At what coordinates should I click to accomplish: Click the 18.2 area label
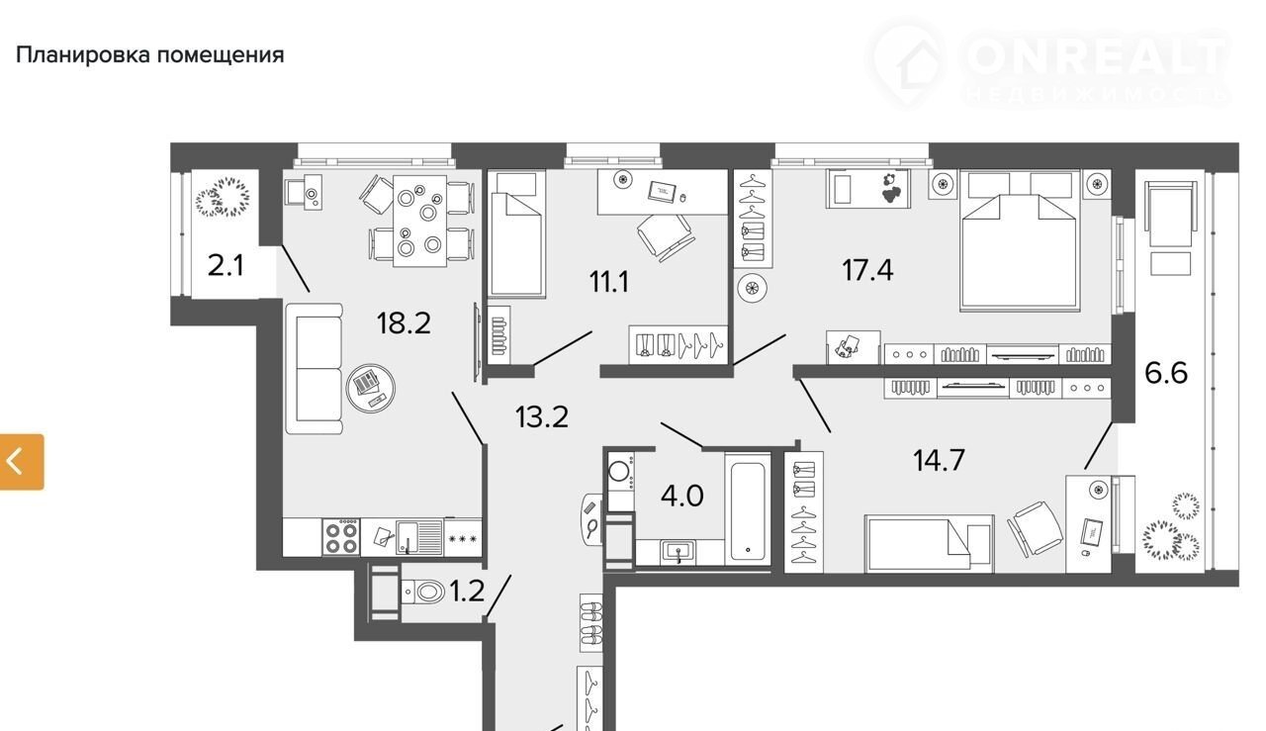(404, 322)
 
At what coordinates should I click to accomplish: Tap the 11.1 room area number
(608, 281)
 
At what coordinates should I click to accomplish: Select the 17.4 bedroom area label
(867, 269)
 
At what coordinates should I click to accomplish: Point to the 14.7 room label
(939, 460)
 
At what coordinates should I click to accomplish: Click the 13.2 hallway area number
(541, 416)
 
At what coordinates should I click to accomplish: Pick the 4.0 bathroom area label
(682, 496)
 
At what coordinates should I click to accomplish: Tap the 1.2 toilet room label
(468, 592)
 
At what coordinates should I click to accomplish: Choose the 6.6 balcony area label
(1166, 373)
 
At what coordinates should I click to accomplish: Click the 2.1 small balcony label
(226, 265)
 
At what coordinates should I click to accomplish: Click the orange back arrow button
(22, 461)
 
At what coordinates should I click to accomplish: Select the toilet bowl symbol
(424, 592)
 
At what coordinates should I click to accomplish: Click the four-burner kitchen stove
(341, 537)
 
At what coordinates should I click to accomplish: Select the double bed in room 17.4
(1021, 240)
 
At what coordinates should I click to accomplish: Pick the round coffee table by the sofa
(370, 388)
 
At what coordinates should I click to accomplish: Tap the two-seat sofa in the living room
(315, 369)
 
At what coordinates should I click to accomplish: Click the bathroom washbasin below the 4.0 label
(679, 552)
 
